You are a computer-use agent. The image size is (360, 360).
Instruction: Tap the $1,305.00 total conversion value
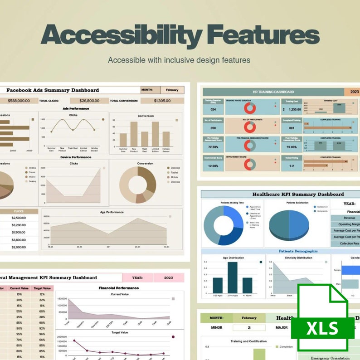(162, 101)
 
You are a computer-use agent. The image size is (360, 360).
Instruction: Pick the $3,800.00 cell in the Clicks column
(19, 240)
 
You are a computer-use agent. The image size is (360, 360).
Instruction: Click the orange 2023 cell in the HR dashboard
(353, 92)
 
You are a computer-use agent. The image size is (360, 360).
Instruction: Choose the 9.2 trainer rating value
(292, 166)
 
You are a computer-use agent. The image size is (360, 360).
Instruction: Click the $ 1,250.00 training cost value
(292, 109)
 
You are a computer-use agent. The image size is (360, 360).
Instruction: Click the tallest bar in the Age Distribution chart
(232, 277)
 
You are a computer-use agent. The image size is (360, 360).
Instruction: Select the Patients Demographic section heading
(298, 251)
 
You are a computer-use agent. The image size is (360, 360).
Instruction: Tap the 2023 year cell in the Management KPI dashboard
(168, 277)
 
